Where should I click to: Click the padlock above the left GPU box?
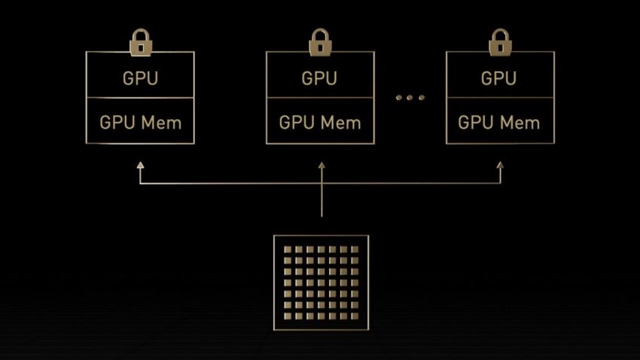pyautogui.click(x=140, y=43)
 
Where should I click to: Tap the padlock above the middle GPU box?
pyautogui.click(x=320, y=43)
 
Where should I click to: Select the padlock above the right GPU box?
pyautogui.click(x=500, y=43)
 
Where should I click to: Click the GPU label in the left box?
pyautogui.click(x=140, y=78)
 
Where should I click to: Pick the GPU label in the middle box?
pyautogui.click(x=320, y=78)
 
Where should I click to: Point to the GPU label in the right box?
pyautogui.click(x=499, y=78)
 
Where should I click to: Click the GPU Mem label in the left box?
pyautogui.click(x=140, y=122)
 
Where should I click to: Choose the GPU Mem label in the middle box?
pyautogui.click(x=320, y=122)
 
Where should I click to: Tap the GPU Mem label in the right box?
pyautogui.click(x=499, y=122)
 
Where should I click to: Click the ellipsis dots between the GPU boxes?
pyautogui.click(x=410, y=98)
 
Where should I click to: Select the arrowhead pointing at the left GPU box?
pyautogui.click(x=140, y=163)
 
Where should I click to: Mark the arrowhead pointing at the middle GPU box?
pyautogui.click(x=321, y=163)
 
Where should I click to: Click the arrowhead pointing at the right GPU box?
pyautogui.click(x=500, y=163)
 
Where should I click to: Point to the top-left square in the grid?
pyautogui.click(x=288, y=249)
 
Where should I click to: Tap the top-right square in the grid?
pyautogui.click(x=355, y=249)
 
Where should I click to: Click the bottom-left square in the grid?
pyautogui.click(x=288, y=316)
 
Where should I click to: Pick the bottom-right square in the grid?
pyautogui.click(x=355, y=316)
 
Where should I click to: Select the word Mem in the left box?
pyautogui.click(x=162, y=122)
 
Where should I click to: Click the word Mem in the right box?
pyautogui.click(x=521, y=122)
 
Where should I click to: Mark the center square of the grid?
pyautogui.click(x=321, y=282)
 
